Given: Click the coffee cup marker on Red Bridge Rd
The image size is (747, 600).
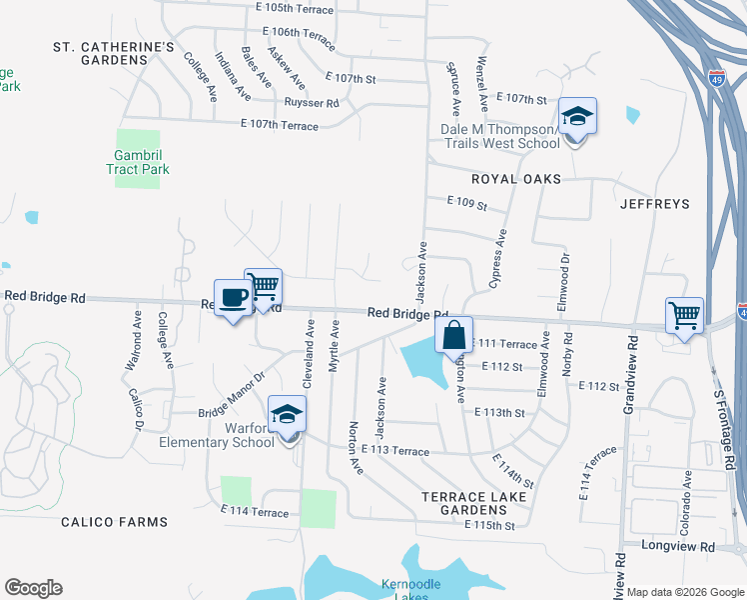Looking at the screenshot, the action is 234,298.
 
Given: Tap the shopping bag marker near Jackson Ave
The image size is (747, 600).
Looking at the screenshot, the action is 453,336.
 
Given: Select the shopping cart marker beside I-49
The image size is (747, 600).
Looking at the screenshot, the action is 685,316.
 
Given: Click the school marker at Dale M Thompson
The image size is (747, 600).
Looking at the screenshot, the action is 577,118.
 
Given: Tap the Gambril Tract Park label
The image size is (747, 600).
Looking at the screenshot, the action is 138,162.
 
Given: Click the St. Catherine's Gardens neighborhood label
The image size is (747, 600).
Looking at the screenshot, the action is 114,53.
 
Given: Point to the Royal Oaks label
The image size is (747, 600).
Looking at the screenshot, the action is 518,179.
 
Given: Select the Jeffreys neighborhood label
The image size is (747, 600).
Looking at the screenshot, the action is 655,204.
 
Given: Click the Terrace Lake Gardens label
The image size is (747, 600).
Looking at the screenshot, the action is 468,502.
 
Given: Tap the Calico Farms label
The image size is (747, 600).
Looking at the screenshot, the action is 114,522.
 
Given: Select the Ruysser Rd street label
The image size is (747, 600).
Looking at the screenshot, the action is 311,103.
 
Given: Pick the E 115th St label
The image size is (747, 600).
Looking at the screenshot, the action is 489,525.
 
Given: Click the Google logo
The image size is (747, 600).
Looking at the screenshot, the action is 33,588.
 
